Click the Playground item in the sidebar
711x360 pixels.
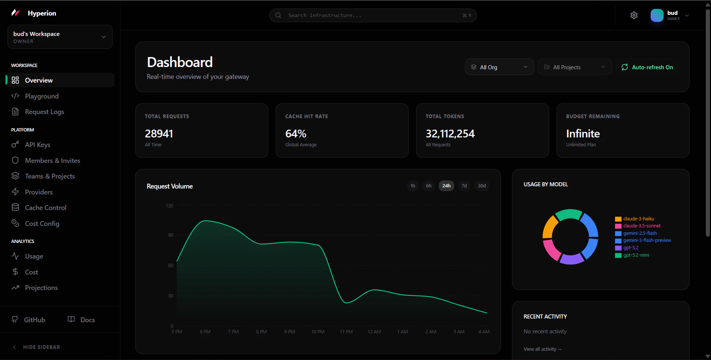(x=41, y=96)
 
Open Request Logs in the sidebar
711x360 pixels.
(x=44, y=112)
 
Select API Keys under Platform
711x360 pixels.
(x=37, y=145)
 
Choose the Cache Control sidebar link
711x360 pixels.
(x=46, y=208)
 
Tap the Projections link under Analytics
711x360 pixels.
(x=41, y=288)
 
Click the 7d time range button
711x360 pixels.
(x=464, y=186)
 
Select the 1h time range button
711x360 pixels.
(x=412, y=186)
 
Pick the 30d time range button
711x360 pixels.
(x=482, y=186)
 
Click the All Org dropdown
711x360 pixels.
(x=499, y=67)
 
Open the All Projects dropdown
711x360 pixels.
(x=574, y=67)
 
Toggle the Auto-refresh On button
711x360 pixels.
(x=647, y=67)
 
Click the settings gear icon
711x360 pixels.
(x=634, y=15)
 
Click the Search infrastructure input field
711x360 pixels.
(x=372, y=15)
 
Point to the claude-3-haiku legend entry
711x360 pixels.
(x=638, y=219)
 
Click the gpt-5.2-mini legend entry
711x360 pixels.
(x=636, y=255)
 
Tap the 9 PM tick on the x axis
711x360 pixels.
(x=290, y=332)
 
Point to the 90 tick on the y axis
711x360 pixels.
(x=170, y=235)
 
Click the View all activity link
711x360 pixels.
(x=542, y=349)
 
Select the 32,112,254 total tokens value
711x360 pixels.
(x=450, y=134)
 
